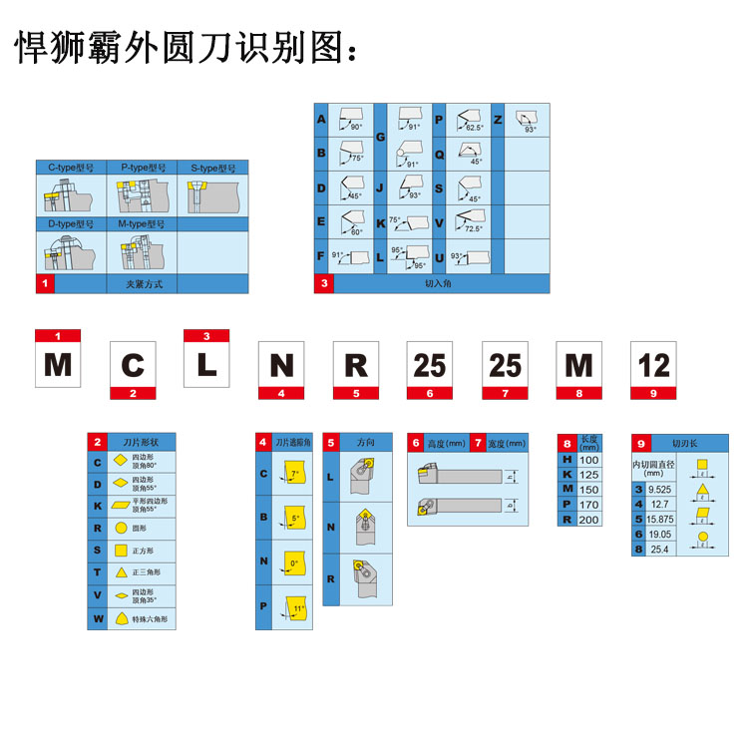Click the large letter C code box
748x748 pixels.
click(x=133, y=365)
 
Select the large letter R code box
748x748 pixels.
click(x=356, y=365)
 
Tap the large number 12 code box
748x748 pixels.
click(x=653, y=365)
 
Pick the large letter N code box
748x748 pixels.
click(x=281, y=365)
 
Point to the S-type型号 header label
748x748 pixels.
click(x=212, y=168)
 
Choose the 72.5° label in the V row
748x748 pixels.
click(x=472, y=228)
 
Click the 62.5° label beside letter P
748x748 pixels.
click(x=475, y=128)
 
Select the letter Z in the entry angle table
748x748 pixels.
click(x=498, y=120)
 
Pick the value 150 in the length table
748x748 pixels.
click(x=587, y=489)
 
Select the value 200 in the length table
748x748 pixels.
click(x=587, y=520)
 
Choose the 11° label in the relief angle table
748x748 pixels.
click(x=298, y=608)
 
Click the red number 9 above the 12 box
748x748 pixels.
click(x=653, y=393)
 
